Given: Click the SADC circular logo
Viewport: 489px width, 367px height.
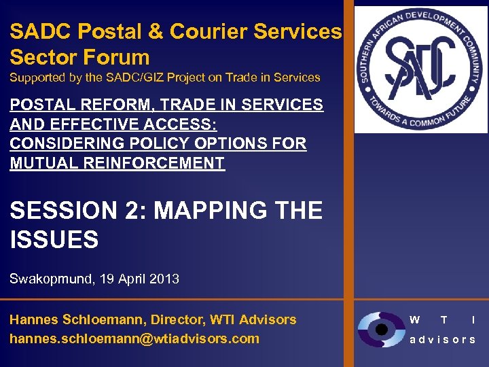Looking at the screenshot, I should coord(422,69).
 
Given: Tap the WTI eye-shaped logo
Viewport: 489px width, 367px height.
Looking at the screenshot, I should coord(381,330).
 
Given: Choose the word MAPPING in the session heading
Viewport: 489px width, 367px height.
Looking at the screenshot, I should coord(217,211).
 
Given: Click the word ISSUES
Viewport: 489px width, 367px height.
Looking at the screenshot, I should coord(54,240).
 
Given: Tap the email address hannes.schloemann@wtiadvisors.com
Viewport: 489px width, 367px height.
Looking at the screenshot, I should coord(134,338).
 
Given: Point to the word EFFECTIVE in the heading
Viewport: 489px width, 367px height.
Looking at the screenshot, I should coord(91,124).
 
